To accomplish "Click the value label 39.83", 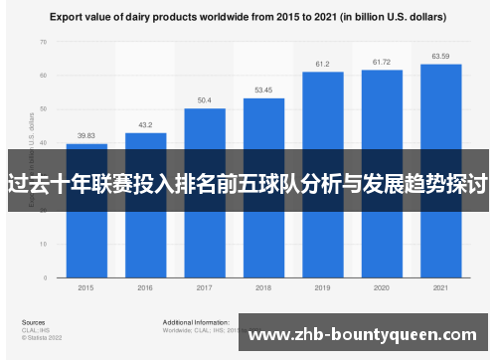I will [86, 136].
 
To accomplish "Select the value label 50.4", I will [205, 100].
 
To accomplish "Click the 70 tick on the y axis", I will [43, 42].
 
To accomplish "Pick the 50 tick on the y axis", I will [43, 108].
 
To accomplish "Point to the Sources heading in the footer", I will [33, 323].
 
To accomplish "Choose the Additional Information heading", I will [195, 323].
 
